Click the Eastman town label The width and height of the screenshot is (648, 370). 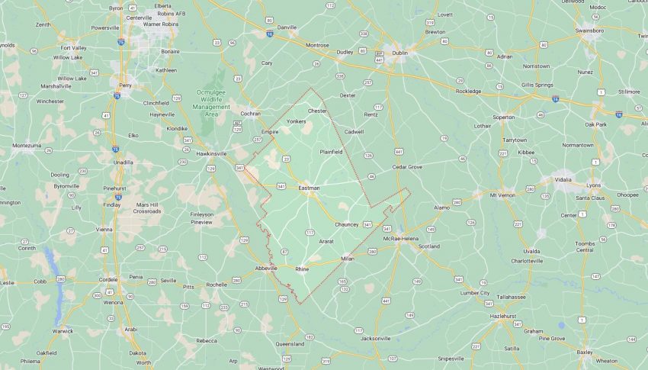[309, 188]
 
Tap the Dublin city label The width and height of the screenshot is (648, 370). [399, 53]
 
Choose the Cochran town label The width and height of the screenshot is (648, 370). [250, 114]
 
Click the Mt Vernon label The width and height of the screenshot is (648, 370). [503, 195]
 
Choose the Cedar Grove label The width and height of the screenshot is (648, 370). [407, 166]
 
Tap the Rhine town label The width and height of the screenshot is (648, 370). [302, 269]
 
